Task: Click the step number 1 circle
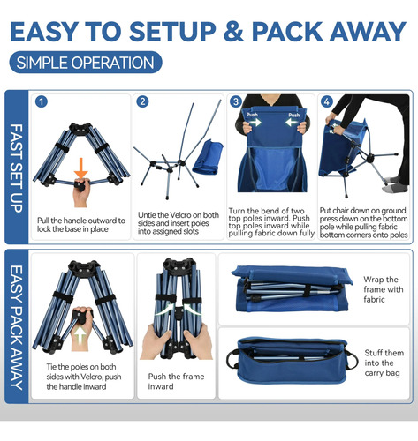click(x=42, y=101)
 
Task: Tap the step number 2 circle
click(x=142, y=101)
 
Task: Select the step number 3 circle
click(x=236, y=101)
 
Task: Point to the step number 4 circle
click(x=326, y=101)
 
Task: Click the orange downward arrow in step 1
click(x=81, y=168)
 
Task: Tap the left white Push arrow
click(x=255, y=122)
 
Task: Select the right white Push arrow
click(x=293, y=122)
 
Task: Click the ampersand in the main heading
click(x=233, y=31)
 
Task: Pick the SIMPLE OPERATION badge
click(x=86, y=63)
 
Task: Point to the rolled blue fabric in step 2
click(x=208, y=157)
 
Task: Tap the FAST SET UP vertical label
click(x=17, y=168)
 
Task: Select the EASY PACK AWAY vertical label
click(x=17, y=327)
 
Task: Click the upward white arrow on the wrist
click(x=80, y=335)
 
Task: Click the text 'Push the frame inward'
click(x=176, y=381)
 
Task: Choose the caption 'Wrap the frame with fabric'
click(x=384, y=289)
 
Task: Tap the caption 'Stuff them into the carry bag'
click(x=384, y=363)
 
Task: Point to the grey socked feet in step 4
click(x=397, y=184)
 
